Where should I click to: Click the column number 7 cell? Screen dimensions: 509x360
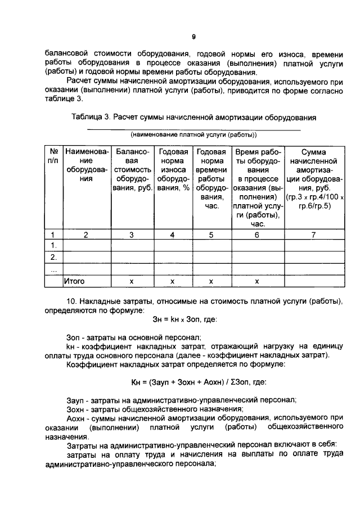tap(314, 235)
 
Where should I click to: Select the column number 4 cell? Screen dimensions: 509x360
tap(173, 235)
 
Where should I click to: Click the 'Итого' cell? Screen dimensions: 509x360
tap(75, 280)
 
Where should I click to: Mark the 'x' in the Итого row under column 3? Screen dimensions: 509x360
tap(132, 280)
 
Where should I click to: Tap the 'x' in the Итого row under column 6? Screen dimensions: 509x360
tap(257, 280)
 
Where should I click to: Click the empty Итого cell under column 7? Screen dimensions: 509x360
tap(314, 280)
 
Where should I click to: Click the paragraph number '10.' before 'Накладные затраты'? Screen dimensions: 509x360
tap(72, 301)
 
